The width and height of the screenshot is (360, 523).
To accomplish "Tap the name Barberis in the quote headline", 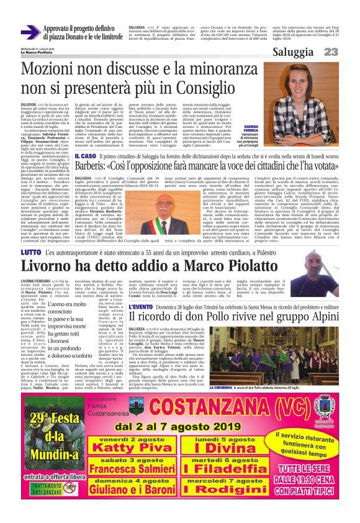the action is (x=102, y=168).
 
